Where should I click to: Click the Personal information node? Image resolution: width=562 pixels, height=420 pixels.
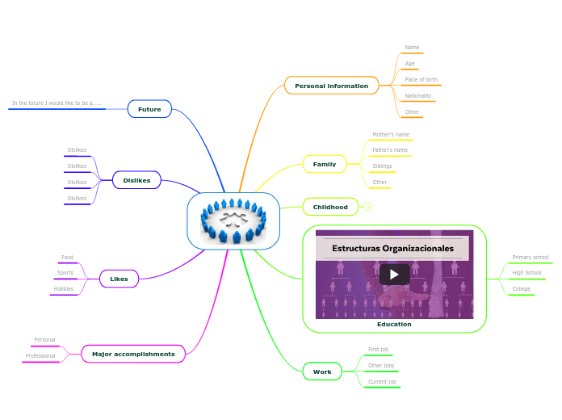click(x=331, y=86)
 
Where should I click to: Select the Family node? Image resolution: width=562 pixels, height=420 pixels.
click(x=324, y=164)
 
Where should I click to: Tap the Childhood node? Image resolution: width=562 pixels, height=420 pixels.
click(x=330, y=208)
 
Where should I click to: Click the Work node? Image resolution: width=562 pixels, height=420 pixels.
click(x=322, y=372)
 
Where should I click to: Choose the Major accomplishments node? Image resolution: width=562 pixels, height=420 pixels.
click(x=133, y=354)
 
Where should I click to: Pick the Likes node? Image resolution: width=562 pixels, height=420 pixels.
click(x=119, y=279)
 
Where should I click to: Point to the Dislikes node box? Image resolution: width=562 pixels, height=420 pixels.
click(x=136, y=180)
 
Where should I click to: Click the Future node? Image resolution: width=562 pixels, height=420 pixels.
click(x=149, y=109)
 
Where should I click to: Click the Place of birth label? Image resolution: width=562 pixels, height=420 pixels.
click(x=421, y=80)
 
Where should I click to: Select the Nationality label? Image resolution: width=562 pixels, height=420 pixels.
click(x=417, y=96)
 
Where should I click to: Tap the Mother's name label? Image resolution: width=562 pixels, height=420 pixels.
click(x=391, y=134)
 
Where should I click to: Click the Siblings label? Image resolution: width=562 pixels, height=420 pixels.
click(x=382, y=166)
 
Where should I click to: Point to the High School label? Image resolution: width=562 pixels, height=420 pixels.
click(x=526, y=273)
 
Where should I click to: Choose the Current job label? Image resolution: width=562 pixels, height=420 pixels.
click(x=382, y=381)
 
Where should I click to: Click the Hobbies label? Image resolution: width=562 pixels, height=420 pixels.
click(x=63, y=288)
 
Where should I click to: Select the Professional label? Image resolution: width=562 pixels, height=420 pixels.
click(x=40, y=356)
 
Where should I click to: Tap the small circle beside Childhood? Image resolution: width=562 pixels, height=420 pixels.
click(x=368, y=207)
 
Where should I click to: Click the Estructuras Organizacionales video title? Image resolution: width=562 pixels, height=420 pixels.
click(x=392, y=249)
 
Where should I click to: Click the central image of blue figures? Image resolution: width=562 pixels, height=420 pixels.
click(x=233, y=220)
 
